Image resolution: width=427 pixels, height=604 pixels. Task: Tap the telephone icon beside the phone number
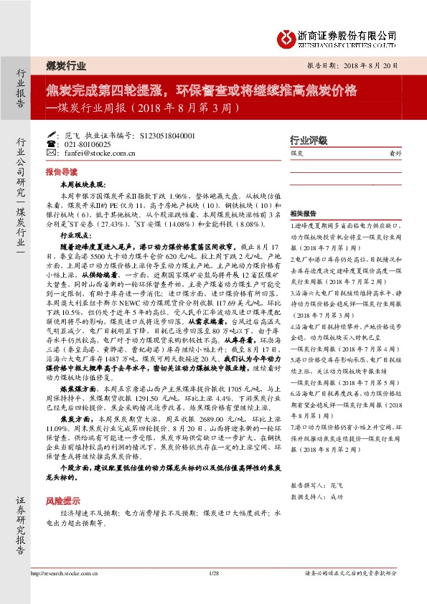coord(50,144)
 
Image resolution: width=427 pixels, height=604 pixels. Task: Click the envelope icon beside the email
coord(50,153)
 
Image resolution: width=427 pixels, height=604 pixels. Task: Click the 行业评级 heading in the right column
coord(308,140)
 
